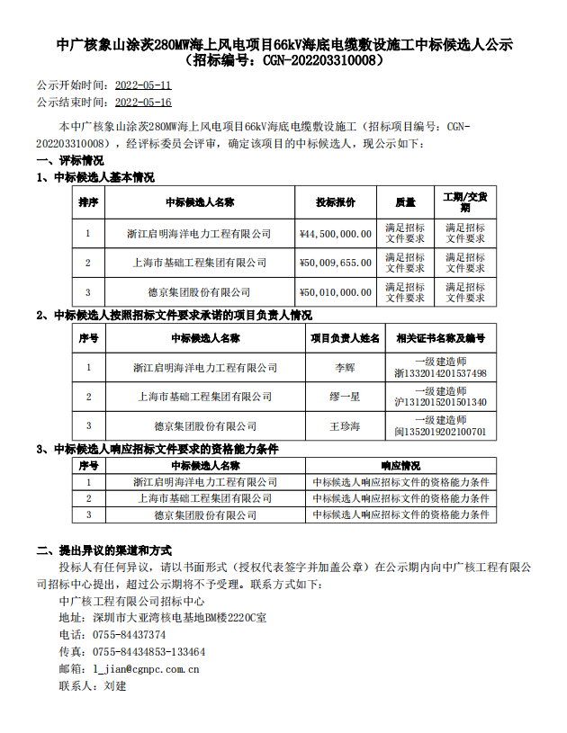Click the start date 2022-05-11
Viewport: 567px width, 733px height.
(144, 85)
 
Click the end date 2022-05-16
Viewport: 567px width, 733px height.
(144, 103)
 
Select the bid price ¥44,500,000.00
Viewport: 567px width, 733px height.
(335, 234)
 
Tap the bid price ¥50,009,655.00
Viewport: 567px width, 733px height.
(335, 263)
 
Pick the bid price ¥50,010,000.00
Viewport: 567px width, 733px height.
(335, 292)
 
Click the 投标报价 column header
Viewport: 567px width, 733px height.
(335, 202)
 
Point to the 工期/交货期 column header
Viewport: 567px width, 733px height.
(465, 202)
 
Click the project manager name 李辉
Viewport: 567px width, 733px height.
(346, 368)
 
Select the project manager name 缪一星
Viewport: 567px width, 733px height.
(346, 397)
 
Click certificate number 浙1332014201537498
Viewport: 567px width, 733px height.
(440, 373)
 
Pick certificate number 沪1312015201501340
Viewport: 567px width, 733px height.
(440, 402)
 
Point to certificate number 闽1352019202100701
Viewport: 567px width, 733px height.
(440, 432)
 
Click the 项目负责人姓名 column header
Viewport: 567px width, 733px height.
(346, 338)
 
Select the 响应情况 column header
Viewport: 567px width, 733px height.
(400, 467)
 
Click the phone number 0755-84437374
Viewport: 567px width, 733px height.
(130, 635)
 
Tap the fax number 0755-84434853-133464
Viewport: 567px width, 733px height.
(149, 652)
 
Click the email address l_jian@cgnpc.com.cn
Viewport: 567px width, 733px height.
(147, 669)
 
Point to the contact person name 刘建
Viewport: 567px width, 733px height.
(115, 686)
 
